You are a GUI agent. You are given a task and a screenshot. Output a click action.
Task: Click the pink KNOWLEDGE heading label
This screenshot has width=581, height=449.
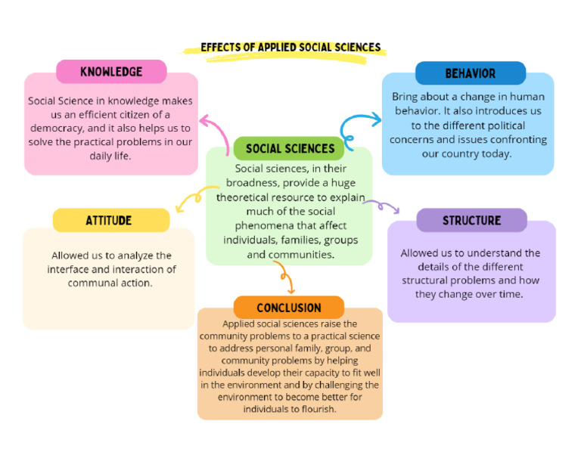click(111, 72)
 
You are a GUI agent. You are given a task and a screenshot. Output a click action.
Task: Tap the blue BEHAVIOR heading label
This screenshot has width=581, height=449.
click(470, 73)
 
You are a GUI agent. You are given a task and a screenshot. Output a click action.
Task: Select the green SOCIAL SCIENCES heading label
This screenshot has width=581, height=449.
click(290, 148)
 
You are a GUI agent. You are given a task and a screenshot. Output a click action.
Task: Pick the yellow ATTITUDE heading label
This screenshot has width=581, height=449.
click(111, 220)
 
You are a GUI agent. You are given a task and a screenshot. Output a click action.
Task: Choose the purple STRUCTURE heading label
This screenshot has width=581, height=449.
click(471, 220)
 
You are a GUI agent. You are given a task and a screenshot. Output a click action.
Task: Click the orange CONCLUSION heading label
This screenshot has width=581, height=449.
click(288, 308)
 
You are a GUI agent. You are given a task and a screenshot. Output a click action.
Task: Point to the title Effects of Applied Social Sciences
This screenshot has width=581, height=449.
click(290, 48)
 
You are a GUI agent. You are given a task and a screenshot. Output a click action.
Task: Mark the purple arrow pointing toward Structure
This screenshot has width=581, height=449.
click(384, 206)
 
